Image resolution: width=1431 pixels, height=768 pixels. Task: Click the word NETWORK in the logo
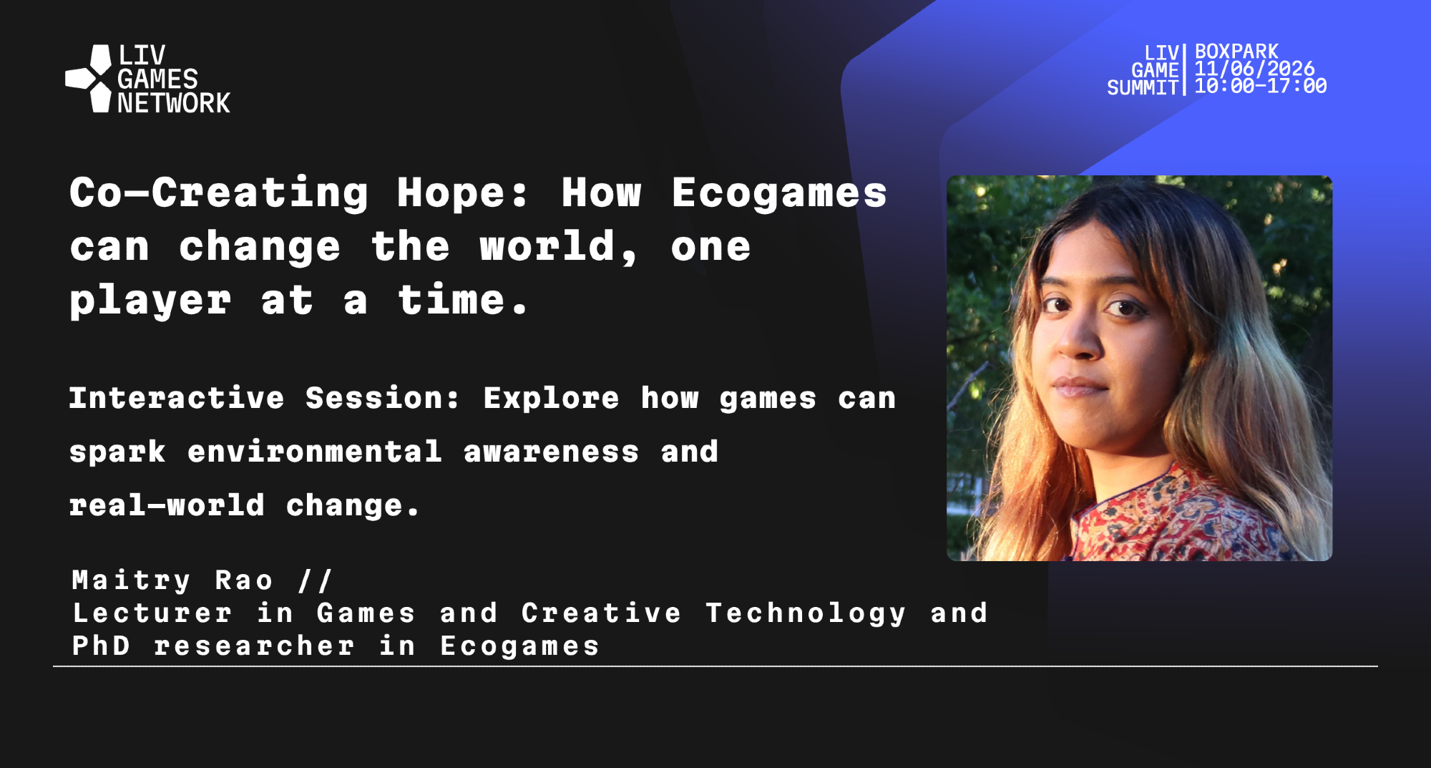[174, 103]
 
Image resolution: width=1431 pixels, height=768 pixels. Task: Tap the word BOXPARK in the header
[1236, 52]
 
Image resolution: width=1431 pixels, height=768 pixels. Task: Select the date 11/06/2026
[1254, 69]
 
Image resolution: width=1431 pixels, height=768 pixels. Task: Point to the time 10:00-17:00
[1261, 86]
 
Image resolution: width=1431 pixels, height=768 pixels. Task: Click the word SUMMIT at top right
[1143, 87]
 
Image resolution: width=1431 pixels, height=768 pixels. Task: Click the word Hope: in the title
[463, 193]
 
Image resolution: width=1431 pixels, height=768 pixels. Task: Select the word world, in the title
[559, 248]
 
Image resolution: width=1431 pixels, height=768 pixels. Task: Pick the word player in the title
[150, 301]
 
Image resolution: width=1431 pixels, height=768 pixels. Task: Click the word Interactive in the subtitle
[177, 398]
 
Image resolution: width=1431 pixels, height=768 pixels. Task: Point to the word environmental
[315, 452]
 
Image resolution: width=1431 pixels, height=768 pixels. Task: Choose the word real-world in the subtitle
[167, 505]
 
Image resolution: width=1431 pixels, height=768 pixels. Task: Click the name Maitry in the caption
[132, 580]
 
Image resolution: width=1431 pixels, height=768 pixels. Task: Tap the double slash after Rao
[316, 580]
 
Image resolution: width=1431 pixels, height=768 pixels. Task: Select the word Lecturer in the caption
[152, 613]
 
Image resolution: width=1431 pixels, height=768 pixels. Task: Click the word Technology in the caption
[806, 613]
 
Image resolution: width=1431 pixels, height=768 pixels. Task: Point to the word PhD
[101, 646]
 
